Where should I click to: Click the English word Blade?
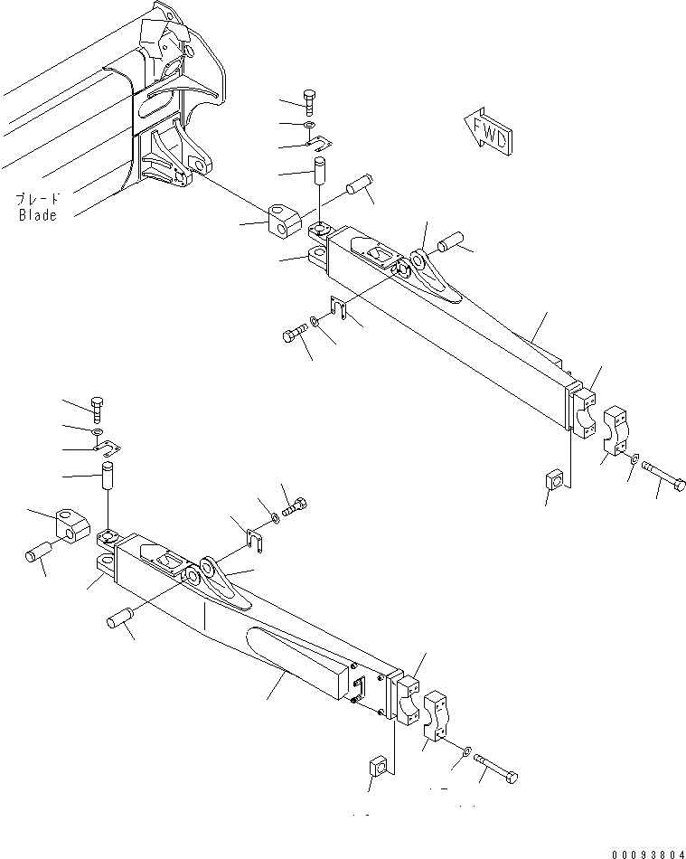[37, 215]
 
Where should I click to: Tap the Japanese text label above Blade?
[37, 198]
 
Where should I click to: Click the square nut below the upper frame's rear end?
[557, 478]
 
